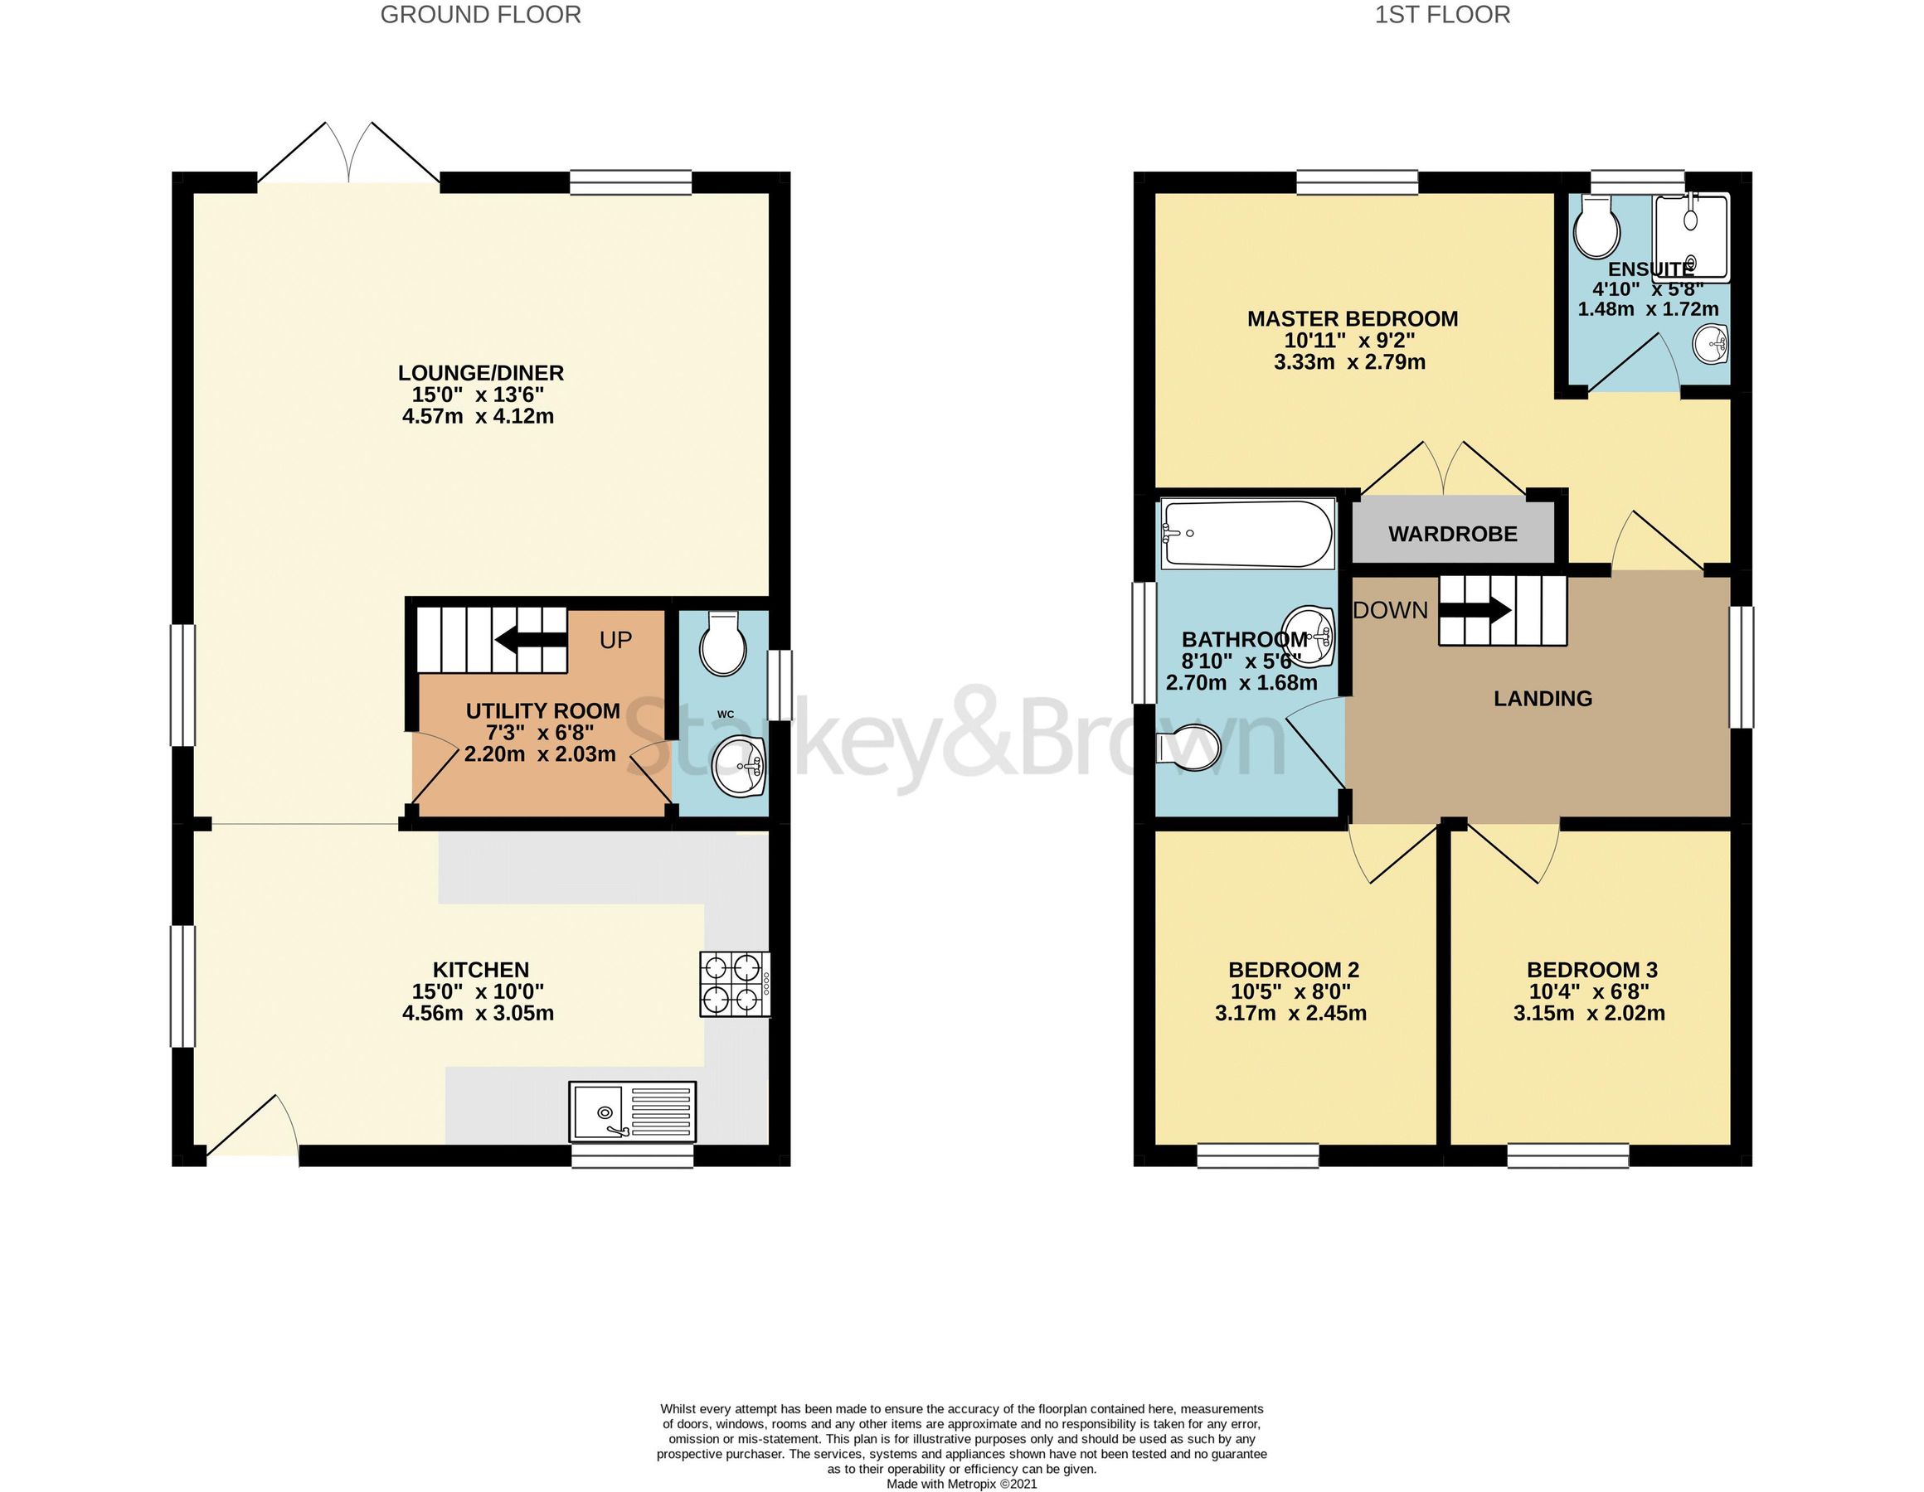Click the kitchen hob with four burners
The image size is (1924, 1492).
pyautogui.click(x=735, y=984)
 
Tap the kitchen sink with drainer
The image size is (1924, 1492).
pyautogui.click(x=633, y=1112)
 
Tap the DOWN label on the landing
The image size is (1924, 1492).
pyautogui.click(x=1390, y=609)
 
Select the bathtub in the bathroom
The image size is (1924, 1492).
pyautogui.click(x=1246, y=534)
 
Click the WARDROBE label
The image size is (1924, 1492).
pyautogui.click(x=1453, y=534)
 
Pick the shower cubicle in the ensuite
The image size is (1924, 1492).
pyautogui.click(x=1690, y=236)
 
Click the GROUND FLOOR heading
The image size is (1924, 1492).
pyautogui.click(x=480, y=15)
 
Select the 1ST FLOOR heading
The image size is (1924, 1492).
pyautogui.click(x=1442, y=15)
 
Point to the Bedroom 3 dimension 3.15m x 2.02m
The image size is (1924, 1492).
pyautogui.click(x=1589, y=1013)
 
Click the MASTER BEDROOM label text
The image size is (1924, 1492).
pyautogui.click(x=1353, y=319)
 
